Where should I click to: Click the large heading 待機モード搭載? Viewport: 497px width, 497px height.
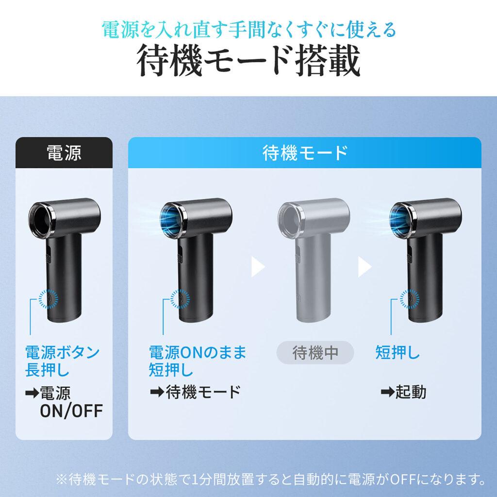248,61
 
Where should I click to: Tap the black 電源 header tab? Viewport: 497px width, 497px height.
64,152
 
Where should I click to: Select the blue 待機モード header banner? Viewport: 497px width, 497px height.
305,152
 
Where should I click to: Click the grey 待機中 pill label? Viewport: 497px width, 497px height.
315,352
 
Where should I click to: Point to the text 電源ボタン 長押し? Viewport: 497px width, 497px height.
63,361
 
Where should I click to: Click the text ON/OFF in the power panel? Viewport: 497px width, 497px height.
71,411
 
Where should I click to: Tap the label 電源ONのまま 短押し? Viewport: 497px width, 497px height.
198,361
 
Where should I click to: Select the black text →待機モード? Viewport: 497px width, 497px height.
196,392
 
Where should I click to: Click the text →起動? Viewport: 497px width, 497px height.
403,392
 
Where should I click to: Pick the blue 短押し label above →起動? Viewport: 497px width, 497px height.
398,352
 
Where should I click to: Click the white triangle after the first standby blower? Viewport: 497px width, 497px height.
258,266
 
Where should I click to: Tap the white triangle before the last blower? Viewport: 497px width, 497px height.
364,266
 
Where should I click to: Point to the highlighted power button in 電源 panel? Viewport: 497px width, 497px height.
48,298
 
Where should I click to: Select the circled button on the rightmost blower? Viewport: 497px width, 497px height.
409,298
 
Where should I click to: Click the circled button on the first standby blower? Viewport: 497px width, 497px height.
180,298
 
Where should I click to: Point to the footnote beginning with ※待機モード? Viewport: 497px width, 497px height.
270,479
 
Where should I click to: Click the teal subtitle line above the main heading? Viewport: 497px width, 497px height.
249,30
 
